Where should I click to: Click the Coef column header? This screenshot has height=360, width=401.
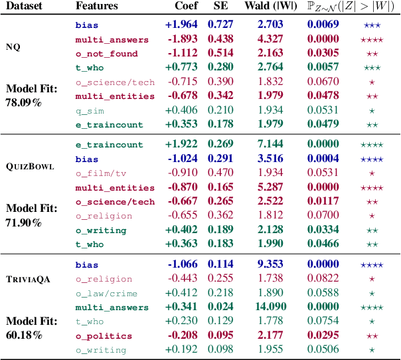point(185,6)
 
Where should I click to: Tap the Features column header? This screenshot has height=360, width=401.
point(97,6)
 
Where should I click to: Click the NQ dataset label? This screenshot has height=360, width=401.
point(13,46)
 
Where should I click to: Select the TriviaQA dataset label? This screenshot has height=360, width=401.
point(26,280)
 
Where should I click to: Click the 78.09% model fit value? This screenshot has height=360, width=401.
point(25,103)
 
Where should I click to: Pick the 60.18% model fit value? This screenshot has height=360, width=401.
point(24,334)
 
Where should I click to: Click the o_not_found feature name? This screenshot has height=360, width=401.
point(106,54)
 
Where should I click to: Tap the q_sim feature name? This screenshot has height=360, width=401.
point(90,110)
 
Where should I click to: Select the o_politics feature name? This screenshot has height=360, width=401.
point(102,336)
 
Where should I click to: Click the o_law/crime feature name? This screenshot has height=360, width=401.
point(106,293)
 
